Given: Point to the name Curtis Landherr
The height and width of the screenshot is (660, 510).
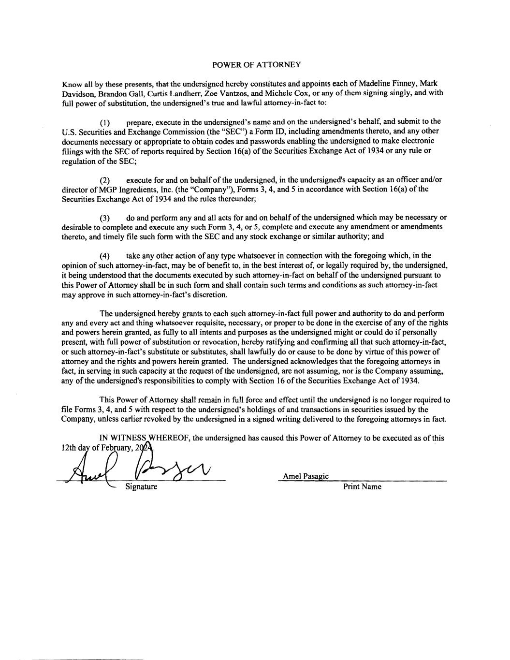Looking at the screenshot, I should pos(175,93).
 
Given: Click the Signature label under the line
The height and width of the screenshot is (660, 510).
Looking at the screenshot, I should pos(141,486).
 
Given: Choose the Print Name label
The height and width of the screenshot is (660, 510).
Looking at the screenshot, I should pos(362,486).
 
